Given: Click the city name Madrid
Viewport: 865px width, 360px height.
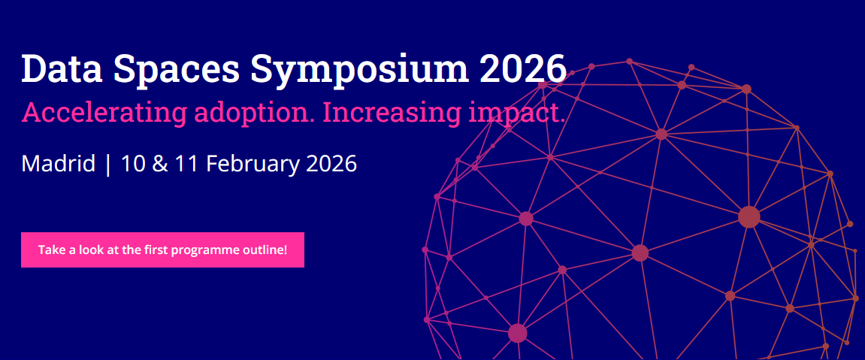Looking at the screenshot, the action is tap(59, 164).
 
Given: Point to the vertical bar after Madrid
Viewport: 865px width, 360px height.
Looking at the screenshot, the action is tap(107, 165).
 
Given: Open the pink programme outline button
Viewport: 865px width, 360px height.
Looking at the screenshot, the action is tap(163, 250).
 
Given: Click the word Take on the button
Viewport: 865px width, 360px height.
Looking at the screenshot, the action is tap(49, 250).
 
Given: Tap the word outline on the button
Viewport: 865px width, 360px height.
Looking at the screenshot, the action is tap(265, 250).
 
